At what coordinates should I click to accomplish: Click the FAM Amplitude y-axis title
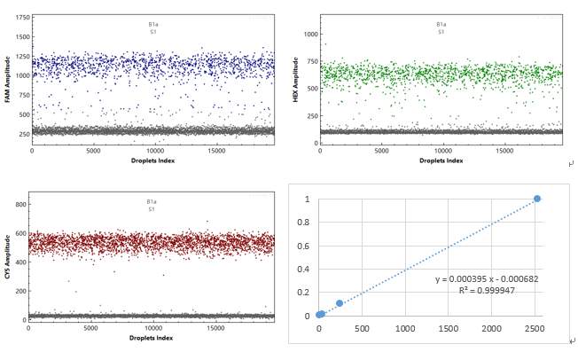point(8,79)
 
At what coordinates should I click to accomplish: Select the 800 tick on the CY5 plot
point(20,205)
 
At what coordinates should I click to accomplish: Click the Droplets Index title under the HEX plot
point(441,160)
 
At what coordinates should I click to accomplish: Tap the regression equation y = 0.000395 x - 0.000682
point(487,278)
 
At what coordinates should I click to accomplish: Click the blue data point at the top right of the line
point(537,199)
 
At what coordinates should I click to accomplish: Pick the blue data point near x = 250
point(340,303)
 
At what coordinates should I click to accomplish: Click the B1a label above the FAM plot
point(152,25)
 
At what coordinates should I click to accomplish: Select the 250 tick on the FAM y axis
point(21,134)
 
